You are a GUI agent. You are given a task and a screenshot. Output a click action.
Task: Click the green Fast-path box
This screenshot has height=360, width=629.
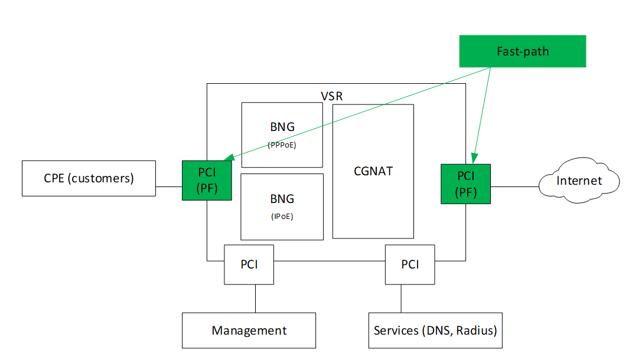522,51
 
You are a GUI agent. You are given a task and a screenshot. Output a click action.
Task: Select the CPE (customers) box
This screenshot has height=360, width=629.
89,178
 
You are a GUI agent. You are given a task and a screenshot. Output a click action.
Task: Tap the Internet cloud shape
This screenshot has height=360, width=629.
579,181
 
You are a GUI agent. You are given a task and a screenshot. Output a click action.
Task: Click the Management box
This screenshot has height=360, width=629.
249,330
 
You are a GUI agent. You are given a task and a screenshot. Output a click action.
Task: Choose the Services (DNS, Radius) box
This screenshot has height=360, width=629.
435,330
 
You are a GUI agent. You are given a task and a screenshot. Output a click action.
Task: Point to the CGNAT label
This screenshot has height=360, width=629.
373,171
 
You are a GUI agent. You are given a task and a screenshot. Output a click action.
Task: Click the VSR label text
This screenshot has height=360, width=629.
332,96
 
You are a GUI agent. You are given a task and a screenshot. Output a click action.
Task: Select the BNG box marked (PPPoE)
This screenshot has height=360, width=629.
282,135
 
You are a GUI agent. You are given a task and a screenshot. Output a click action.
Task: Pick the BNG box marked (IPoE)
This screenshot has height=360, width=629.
282,207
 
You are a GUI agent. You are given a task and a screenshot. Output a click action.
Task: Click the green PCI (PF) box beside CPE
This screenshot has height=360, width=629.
207,181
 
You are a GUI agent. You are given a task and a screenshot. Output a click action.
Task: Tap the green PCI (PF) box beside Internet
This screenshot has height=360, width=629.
466,184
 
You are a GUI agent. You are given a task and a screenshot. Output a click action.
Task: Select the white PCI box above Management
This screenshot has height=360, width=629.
249,264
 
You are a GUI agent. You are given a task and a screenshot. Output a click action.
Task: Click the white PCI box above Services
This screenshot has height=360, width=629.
410,264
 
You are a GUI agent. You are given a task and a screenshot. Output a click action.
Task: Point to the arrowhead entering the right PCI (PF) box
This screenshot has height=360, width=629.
475,159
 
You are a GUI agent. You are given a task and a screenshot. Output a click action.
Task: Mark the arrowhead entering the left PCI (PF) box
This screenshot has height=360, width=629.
229,158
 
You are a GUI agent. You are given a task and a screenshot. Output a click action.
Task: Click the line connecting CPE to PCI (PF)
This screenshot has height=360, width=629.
169,187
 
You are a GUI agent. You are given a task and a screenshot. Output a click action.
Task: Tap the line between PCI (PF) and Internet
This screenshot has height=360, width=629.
514,187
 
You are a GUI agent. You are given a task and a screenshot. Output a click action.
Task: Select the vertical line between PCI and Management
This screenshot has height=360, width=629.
256,299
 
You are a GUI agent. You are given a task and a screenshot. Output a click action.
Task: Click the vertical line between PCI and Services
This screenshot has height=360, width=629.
401,299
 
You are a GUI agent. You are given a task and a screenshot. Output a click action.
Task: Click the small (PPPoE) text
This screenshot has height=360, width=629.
282,145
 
